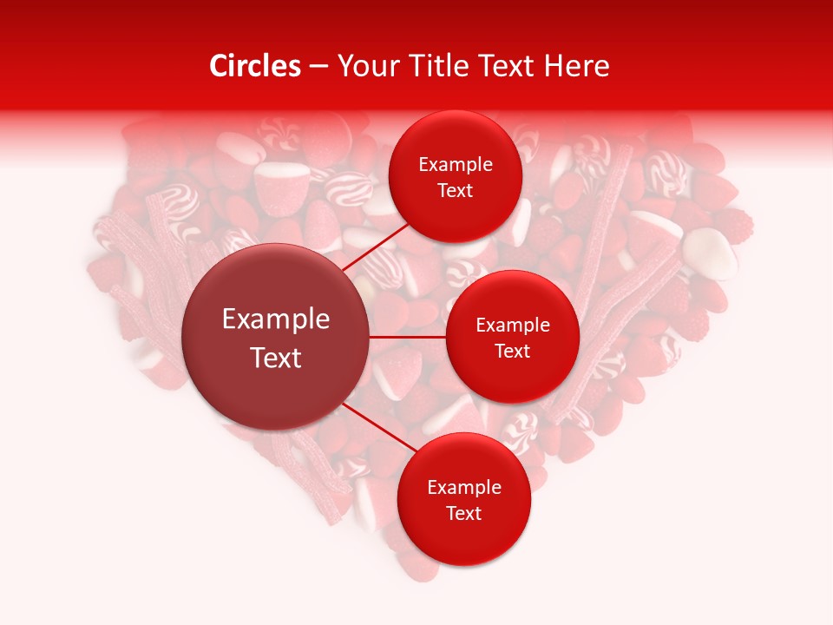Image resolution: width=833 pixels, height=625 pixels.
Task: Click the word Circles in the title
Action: [255, 66]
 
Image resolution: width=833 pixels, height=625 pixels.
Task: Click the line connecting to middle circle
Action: [408, 336]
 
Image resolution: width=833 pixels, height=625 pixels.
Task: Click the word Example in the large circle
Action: [276, 319]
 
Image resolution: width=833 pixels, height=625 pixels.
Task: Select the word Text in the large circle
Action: [276, 358]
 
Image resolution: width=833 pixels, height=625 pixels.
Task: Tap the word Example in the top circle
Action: [456, 165]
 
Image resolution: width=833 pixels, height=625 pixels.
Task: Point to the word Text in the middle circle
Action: [512, 351]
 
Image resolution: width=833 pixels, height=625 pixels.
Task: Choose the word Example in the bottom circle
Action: [464, 488]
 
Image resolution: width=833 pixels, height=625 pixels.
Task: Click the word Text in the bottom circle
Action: [464, 513]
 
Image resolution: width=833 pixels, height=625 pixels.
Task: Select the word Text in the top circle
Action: [456, 191]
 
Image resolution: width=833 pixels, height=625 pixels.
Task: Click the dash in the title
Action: [318, 67]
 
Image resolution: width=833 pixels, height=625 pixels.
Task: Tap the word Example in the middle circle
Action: [512, 326]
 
